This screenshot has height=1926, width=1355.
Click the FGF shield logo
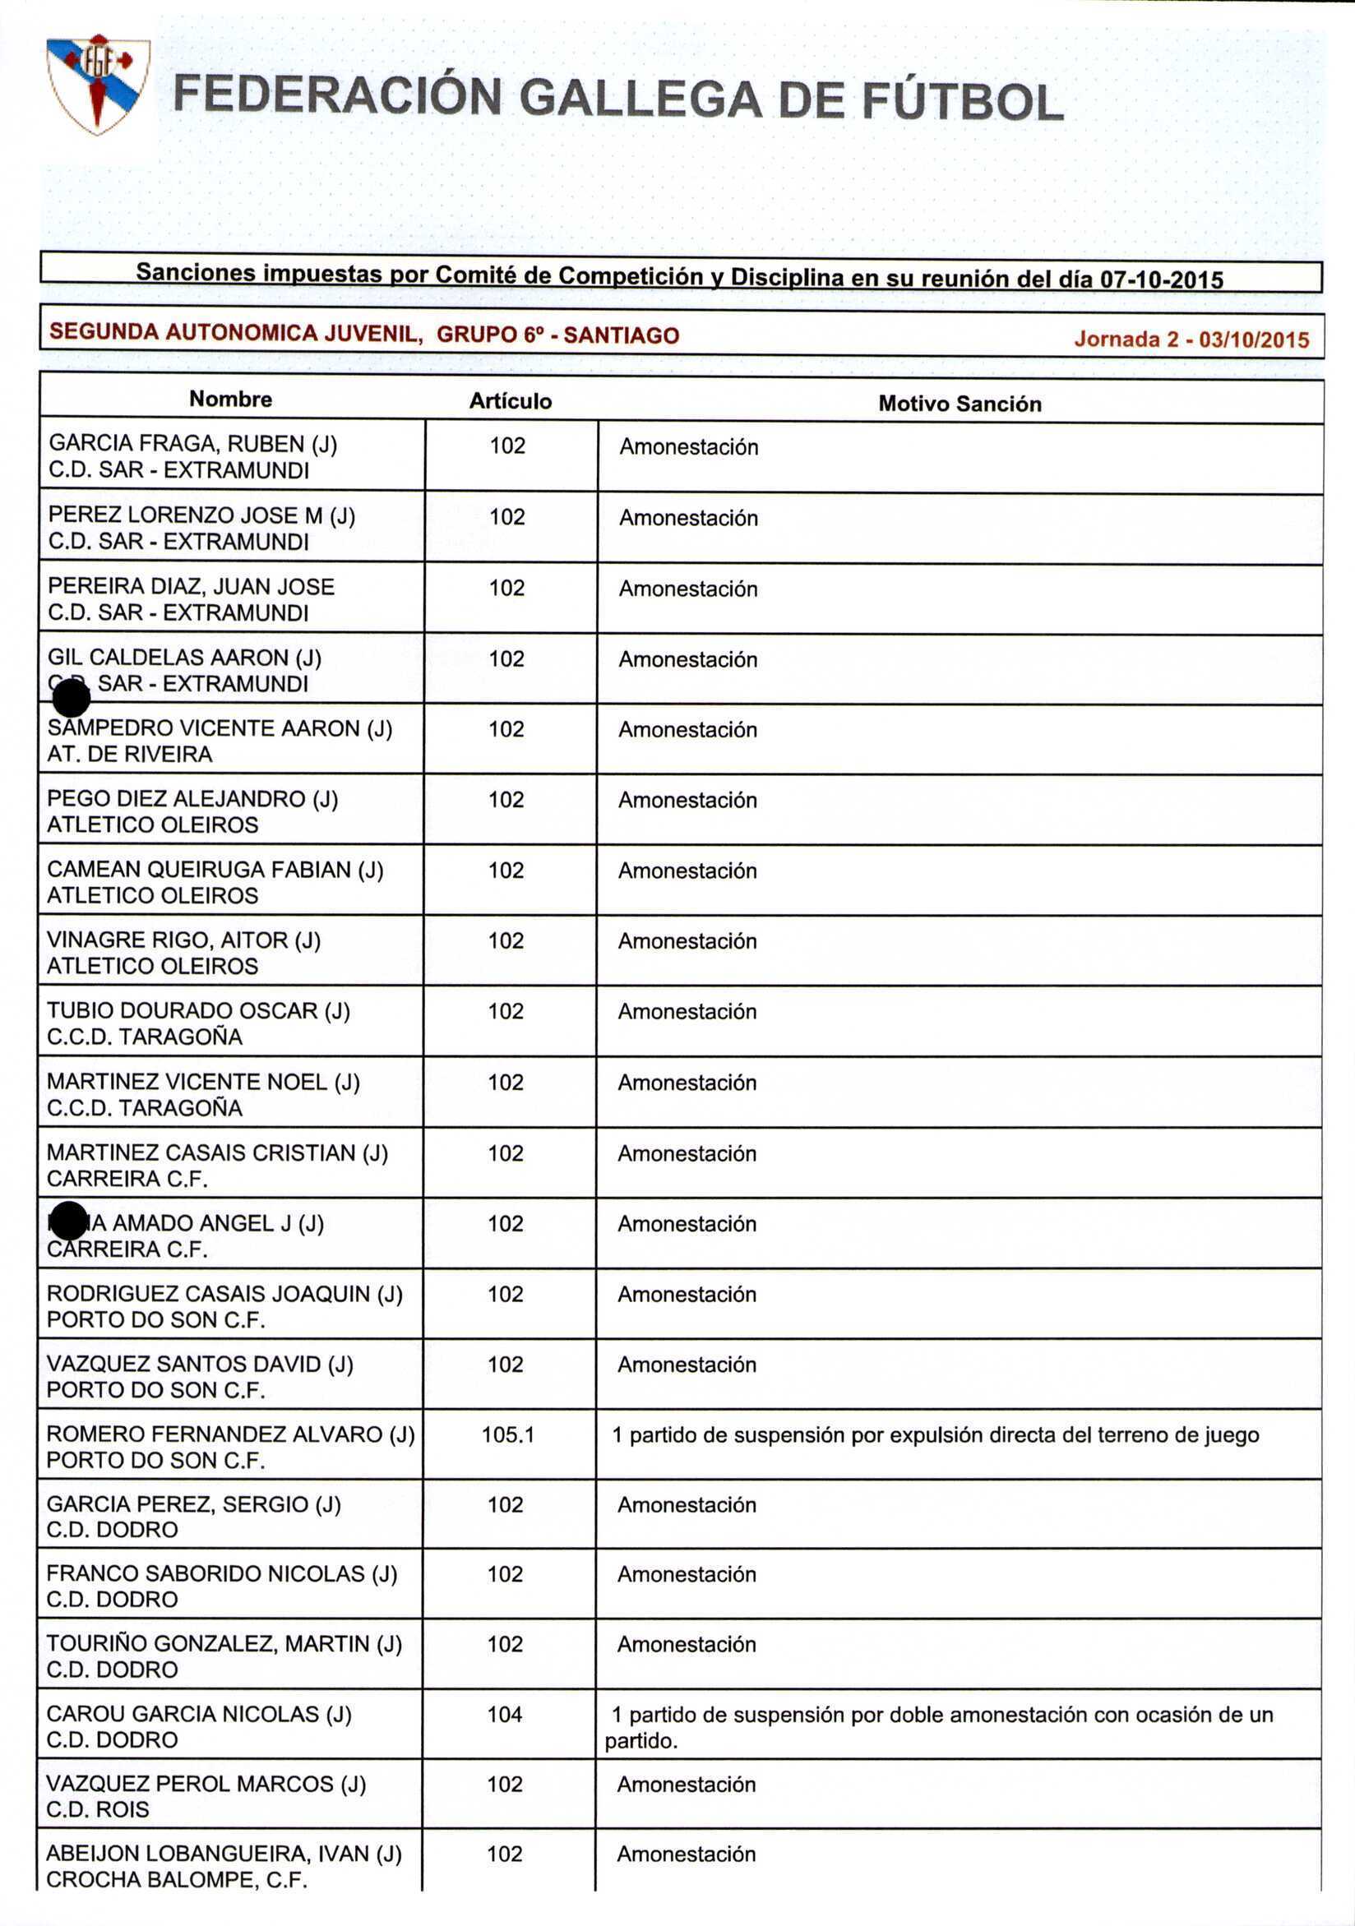click(98, 84)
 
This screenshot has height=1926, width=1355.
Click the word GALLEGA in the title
click(641, 99)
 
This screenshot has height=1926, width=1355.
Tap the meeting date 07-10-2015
click(1161, 279)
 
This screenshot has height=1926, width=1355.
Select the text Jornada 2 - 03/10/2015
click(1191, 339)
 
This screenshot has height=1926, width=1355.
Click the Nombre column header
click(231, 400)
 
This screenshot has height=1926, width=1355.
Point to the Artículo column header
click(510, 402)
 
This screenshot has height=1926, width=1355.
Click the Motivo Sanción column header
click(960, 404)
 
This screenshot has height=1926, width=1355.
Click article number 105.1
click(507, 1435)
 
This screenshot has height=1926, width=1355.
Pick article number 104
click(505, 1715)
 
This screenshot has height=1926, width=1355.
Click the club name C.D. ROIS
click(98, 1810)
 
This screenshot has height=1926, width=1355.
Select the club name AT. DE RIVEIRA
click(130, 755)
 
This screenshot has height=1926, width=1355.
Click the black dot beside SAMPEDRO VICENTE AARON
click(71, 700)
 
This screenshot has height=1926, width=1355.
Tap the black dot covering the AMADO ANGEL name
click(68, 1221)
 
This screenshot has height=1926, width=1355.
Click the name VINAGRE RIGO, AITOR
click(183, 940)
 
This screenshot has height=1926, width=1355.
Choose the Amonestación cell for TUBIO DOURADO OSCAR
click(687, 1012)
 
